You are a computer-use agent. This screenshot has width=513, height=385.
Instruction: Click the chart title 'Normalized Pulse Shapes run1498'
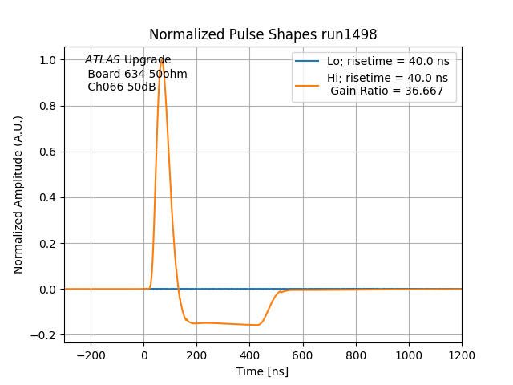pos(263,34)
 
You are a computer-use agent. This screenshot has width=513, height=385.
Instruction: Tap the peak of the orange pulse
pos(162,59)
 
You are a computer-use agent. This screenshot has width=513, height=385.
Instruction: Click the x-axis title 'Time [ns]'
pos(263,371)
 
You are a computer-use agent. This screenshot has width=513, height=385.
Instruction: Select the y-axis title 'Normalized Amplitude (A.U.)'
pos(18,194)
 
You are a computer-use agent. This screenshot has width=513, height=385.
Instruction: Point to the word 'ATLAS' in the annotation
pos(103,60)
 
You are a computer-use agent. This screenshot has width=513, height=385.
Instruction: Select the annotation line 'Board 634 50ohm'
pos(137,74)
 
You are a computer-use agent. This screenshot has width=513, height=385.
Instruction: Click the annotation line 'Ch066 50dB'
pos(122,87)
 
